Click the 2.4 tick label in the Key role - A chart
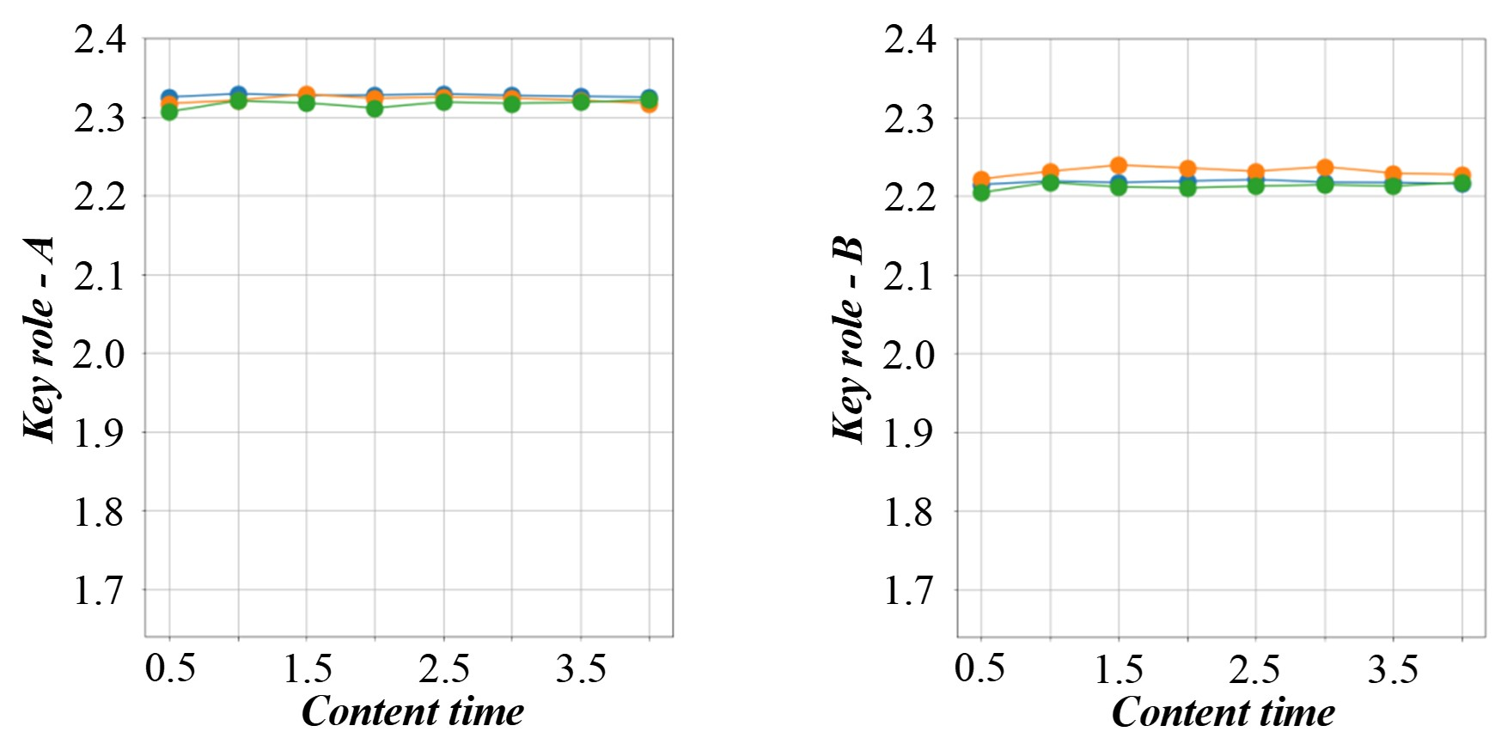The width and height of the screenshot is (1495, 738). (x=100, y=40)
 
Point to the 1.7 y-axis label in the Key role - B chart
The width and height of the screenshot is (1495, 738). (x=909, y=591)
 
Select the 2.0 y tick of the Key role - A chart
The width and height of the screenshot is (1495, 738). (x=100, y=354)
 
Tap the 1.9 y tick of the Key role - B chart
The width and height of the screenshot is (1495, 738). (x=909, y=433)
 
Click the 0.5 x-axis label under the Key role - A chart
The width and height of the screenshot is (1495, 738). (x=170, y=668)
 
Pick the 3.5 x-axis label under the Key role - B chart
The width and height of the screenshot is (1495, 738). (x=1393, y=668)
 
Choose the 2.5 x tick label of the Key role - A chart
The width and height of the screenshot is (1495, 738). (x=444, y=668)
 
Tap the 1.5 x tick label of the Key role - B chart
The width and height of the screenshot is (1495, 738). (x=1119, y=668)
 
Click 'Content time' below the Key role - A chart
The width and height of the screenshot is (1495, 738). (x=412, y=711)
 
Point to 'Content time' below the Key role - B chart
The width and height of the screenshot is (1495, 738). (x=1223, y=711)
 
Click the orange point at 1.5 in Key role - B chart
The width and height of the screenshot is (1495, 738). (x=1119, y=165)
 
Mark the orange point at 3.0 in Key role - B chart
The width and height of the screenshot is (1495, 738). (x=1325, y=168)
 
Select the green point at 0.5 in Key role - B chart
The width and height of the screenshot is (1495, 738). (x=981, y=192)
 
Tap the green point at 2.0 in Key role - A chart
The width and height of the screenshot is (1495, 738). (x=375, y=108)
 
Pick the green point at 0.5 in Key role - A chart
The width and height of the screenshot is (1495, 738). (x=169, y=112)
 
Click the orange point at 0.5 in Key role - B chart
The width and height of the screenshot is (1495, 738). (x=981, y=180)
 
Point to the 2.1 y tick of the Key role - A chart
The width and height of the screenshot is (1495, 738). (x=100, y=276)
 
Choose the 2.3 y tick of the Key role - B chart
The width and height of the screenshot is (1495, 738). (x=909, y=119)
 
